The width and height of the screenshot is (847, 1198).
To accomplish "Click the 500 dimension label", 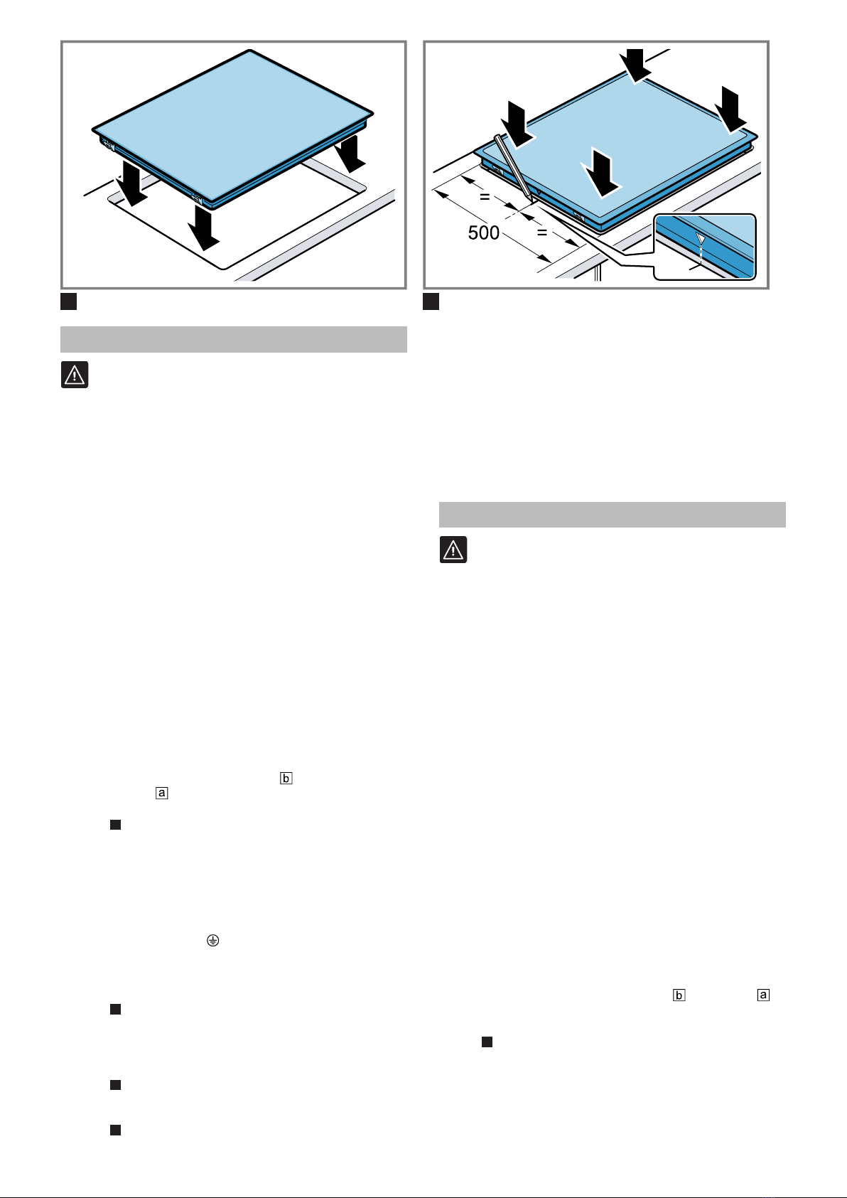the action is tap(484, 232).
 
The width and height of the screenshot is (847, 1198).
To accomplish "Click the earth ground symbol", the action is tap(212, 940).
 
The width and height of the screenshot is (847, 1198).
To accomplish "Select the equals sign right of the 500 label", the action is tap(542, 232).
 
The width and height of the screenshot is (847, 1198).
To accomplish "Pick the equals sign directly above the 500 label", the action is tap(485, 197).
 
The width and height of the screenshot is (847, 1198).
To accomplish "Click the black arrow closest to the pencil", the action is tap(517, 124).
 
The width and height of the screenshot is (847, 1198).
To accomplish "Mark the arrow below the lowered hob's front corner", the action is tap(204, 228).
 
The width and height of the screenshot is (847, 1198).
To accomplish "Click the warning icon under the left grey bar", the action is tap(75, 375).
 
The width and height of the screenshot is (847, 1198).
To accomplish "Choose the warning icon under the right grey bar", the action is tap(453, 550).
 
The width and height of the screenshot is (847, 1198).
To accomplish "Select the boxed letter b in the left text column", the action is tap(286, 778).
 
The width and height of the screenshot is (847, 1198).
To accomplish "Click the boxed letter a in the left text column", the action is tap(161, 793).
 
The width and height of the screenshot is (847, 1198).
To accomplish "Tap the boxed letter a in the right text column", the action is tap(763, 995).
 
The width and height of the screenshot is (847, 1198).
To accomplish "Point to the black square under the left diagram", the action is tap(68, 301).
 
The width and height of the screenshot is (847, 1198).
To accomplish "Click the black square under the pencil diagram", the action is tap(431, 301).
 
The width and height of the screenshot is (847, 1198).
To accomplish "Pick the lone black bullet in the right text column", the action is tap(487, 1042).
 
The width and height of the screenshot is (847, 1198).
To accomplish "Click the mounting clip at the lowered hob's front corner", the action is tap(196, 200).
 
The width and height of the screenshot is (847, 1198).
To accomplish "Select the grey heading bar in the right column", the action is tap(613, 515).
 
